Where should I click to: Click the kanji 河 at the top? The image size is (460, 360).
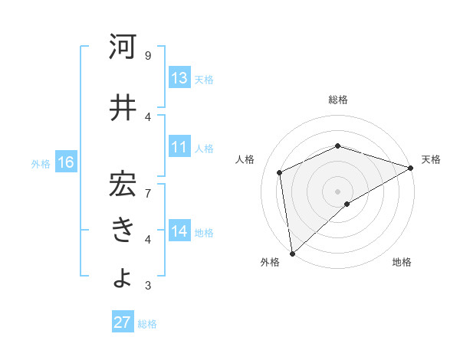(123, 47)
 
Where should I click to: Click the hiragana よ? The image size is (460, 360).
(123, 277)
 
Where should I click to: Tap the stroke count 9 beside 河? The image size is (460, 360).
(147, 55)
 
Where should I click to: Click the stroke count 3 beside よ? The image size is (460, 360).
(147, 286)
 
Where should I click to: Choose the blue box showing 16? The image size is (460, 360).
(65, 162)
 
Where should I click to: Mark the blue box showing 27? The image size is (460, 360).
(122, 322)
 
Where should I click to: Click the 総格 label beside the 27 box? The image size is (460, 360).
(147, 324)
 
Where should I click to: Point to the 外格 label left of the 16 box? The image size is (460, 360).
(40, 163)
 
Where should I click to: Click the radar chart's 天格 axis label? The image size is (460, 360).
(431, 159)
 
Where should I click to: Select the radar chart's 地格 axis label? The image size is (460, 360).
(402, 262)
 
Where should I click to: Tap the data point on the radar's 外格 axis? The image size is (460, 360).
(292, 253)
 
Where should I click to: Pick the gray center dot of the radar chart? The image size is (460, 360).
(337, 191)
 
